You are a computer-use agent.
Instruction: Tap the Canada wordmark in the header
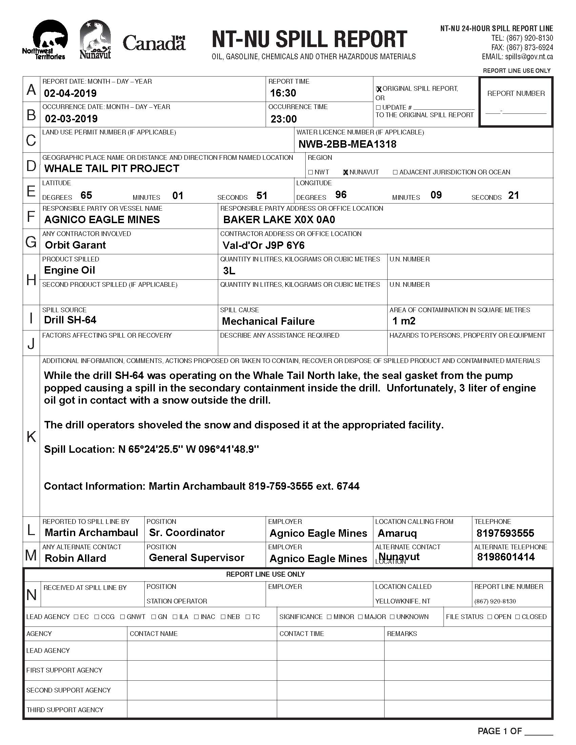154,43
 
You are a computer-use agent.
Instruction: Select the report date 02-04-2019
70,93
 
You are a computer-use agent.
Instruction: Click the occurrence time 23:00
284,119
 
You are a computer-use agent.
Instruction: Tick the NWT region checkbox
310,172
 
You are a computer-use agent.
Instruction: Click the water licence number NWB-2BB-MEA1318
347,144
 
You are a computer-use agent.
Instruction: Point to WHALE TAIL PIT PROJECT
111,169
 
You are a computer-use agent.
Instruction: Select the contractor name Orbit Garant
76,245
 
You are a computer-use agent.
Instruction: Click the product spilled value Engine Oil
69,270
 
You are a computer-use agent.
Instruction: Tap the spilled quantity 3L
229,271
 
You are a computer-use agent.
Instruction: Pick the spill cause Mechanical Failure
268,321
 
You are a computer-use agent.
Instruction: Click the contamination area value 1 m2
404,321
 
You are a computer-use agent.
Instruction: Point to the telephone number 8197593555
506,533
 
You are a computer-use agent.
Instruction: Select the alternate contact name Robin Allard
76,558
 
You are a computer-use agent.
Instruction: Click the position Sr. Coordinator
187,532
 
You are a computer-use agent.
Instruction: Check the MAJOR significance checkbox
361,617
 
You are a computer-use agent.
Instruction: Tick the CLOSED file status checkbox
518,617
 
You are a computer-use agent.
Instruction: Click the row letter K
31,436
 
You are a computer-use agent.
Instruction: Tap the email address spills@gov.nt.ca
529,57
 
